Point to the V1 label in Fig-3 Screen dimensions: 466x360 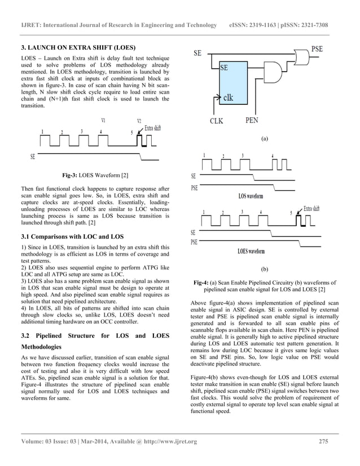click(x=103, y=120)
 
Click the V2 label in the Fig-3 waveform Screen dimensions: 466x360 click(x=139, y=121)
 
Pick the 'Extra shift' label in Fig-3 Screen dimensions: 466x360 click(x=152, y=128)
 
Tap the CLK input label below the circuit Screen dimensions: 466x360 click(x=217, y=121)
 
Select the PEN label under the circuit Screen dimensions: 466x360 click(x=252, y=120)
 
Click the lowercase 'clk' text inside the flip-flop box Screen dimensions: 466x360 click(x=228, y=97)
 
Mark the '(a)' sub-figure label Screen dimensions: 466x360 click(x=265, y=138)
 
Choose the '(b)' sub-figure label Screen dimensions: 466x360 click(x=265, y=270)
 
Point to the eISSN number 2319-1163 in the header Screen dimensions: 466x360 click(x=267, y=25)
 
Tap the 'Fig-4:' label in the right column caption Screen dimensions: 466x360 click(x=201, y=283)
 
